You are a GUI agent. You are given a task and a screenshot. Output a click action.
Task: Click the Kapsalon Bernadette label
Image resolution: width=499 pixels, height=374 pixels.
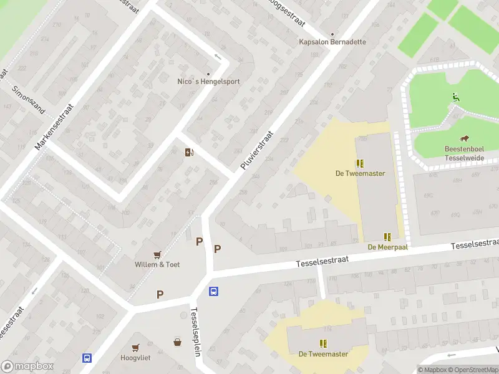click(332, 42)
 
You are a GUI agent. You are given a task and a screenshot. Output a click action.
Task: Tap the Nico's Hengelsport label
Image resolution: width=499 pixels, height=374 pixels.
click(208, 81)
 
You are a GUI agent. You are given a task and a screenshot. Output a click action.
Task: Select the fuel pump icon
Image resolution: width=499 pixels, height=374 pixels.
click(189, 152)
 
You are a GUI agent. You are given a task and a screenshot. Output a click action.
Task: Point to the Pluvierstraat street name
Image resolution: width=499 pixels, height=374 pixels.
click(257, 151)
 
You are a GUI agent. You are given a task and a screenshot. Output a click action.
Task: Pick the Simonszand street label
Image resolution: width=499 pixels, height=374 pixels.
click(29, 98)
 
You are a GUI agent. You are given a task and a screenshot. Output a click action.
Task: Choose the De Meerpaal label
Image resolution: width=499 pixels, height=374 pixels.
click(387, 247)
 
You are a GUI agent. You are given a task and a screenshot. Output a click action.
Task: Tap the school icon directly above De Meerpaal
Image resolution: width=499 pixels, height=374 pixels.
click(387, 237)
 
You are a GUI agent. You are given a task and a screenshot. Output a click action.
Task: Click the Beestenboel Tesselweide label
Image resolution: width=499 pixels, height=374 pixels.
click(465, 153)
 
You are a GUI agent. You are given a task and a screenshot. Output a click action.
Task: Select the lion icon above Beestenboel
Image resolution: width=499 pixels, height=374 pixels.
click(465, 138)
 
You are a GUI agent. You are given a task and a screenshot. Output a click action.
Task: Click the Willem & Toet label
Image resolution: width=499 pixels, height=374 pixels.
click(157, 264)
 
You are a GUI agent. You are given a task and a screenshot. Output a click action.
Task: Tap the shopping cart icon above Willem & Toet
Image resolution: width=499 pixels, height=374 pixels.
click(157, 254)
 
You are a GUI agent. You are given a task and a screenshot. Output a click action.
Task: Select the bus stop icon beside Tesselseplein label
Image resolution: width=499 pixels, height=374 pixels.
click(213, 291)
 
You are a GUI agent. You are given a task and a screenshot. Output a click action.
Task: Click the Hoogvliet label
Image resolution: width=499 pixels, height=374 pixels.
click(135, 358)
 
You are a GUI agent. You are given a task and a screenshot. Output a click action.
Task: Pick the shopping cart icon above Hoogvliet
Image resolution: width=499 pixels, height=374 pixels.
click(135, 347)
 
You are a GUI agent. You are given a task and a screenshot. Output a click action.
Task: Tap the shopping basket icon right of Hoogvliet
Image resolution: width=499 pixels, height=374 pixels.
click(178, 342)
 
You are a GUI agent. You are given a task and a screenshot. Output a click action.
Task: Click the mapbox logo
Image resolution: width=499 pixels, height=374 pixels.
click(27, 367)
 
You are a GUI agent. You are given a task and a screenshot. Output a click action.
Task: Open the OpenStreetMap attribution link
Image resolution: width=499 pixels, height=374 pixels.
click(472, 370)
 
